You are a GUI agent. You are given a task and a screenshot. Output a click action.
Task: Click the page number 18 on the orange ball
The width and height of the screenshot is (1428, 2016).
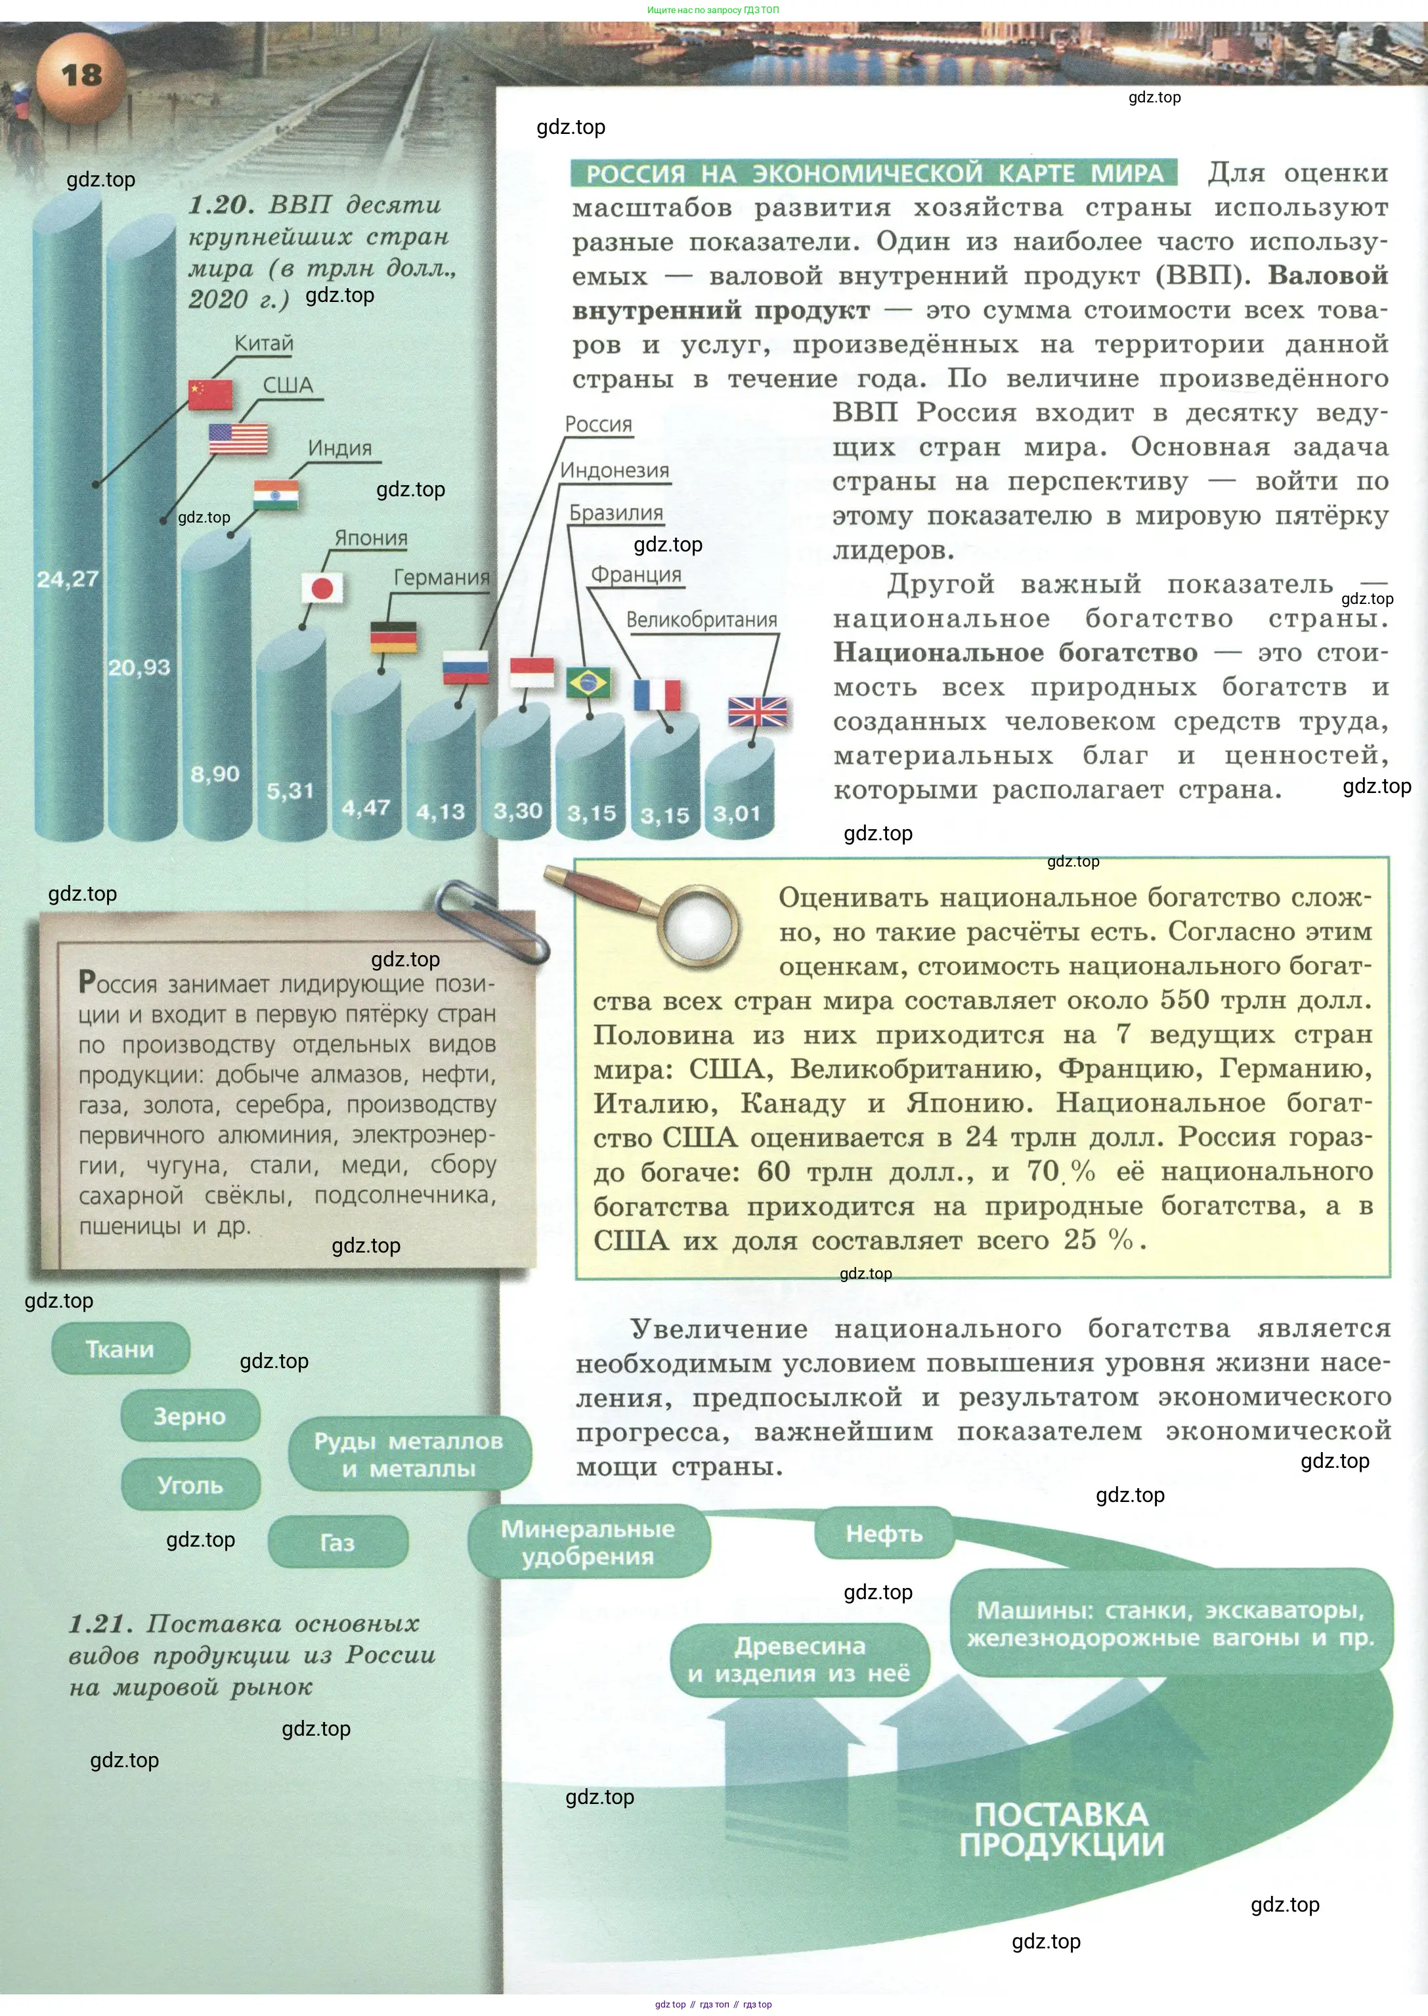pos(81,75)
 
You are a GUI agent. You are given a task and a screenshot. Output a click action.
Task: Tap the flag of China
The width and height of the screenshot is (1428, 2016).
pos(210,395)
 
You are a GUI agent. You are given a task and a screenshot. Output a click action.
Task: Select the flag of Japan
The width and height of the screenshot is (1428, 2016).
pos(322,588)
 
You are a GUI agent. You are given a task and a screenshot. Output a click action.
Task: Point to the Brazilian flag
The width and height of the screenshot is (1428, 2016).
pos(588,682)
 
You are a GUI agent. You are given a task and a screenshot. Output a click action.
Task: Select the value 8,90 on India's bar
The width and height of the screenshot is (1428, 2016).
pos(215,774)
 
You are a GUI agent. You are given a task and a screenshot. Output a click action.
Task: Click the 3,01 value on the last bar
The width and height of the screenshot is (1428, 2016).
pos(736,814)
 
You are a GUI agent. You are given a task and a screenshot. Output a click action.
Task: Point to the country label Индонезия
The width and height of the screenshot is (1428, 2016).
pos(615,471)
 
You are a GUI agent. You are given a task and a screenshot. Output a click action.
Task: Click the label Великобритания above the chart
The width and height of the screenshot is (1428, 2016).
pos(702,620)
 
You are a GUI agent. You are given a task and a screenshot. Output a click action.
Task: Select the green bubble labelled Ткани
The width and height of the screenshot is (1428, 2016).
pos(120,1348)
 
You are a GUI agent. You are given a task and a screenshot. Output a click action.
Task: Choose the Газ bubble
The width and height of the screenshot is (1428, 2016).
pos(337,1542)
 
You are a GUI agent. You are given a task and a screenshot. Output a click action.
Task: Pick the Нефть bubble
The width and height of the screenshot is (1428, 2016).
pos(884,1534)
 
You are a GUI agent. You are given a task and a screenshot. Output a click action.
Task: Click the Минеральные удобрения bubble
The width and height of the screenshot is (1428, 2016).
pos(588,1542)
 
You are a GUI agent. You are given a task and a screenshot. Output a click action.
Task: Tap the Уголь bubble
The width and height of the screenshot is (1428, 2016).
pos(190,1485)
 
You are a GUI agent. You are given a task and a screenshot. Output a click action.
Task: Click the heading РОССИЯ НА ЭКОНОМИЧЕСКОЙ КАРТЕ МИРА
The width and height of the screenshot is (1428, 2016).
pos(874,173)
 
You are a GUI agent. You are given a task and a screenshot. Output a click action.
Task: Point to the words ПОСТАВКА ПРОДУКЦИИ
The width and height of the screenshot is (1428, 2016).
pos(1062,1829)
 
